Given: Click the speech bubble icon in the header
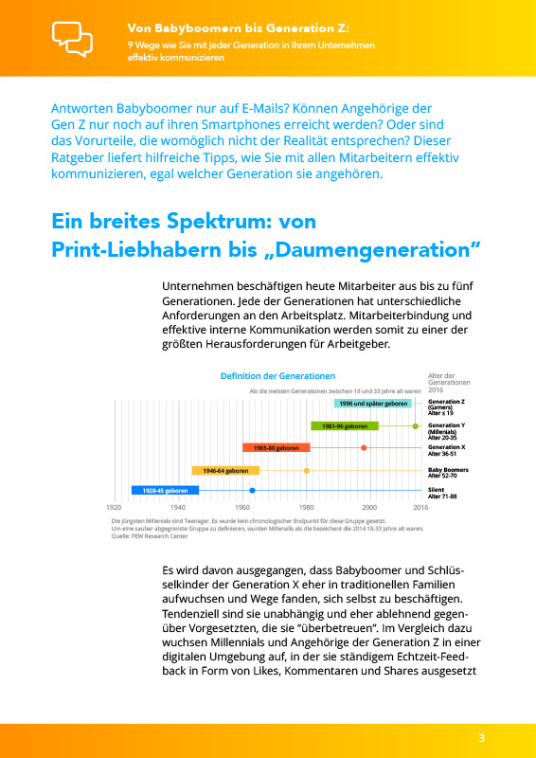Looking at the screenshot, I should [x=73, y=38].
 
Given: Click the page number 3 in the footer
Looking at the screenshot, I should [x=482, y=739].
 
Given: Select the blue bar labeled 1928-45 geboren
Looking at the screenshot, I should [x=165, y=491].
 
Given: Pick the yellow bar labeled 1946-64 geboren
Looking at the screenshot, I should [x=225, y=470].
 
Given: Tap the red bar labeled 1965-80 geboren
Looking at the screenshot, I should [x=276, y=447].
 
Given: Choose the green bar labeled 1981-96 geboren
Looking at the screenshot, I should [x=344, y=426].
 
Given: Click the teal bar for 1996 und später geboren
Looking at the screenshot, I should [x=373, y=404].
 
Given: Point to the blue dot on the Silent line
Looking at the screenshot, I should [x=252, y=491].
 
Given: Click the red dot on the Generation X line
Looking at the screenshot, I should [x=364, y=447].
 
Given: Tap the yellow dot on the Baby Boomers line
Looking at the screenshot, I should [x=306, y=470].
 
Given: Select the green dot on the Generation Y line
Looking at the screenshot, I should [x=415, y=426].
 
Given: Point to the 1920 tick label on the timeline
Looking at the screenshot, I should [x=115, y=508].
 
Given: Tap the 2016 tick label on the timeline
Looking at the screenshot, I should [x=420, y=508].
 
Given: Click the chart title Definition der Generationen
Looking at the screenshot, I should [x=277, y=376].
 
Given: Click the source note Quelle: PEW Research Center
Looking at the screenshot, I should [x=150, y=536].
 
